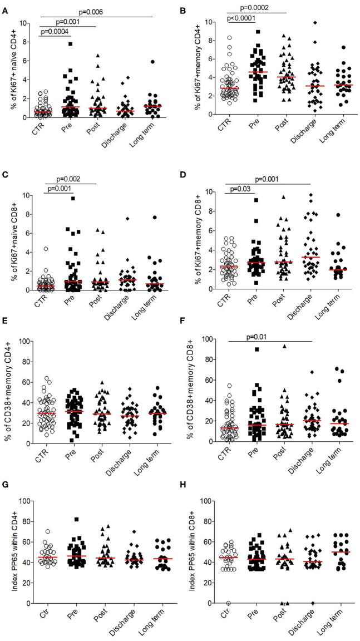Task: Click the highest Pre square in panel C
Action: coord(72,198)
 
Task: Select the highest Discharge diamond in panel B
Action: coord(315,23)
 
